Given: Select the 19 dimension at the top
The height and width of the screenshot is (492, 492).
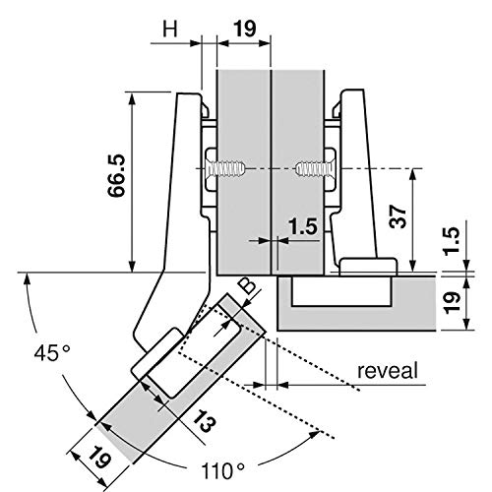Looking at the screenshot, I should pos(243,29).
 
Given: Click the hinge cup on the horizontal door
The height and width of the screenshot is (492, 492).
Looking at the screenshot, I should pos(367,265).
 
